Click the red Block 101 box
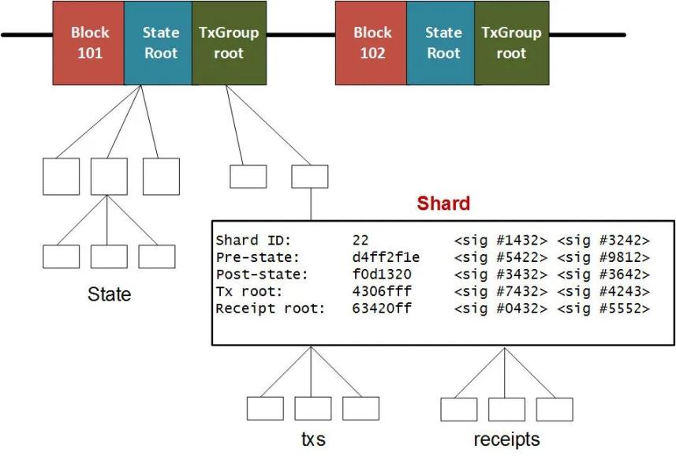point(88,43)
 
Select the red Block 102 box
point(372,43)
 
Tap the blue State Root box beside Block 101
point(159,43)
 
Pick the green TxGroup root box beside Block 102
point(512,43)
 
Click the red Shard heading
point(443,204)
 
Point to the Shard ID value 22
point(360,240)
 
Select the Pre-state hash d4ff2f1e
point(386,257)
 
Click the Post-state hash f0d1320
point(382,275)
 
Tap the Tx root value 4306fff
point(382,291)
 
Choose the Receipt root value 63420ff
point(382,309)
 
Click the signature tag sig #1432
point(501,240)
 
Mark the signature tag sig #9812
point(603,257)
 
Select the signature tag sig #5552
point(603,309)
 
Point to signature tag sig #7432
point(501,291)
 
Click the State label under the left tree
point(109,294)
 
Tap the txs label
point(313,439)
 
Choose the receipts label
point(506,439)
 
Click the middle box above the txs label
point(313,409)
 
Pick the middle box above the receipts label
point(506,410)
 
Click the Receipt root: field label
point(270,309)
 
